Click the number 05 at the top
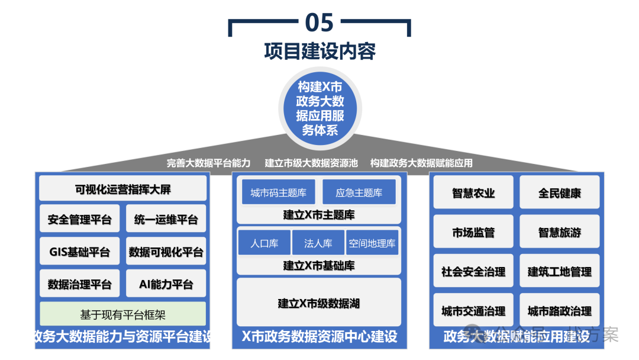click(x=319, y=23)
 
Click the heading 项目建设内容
click(x=319, y=51)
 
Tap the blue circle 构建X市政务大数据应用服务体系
click(x=319, y=108)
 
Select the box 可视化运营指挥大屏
click(x=123, y=189)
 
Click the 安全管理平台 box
click(x=80, y=220)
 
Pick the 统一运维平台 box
click(x=166, y=220)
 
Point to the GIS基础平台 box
click(x=80, y=252)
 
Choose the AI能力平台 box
click(x=166, y=284)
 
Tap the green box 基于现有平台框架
click(x=123, y=313)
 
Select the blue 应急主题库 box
click(x=359, y=192)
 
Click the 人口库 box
click(x=264, y=243)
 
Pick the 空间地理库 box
click(x=372, y=243)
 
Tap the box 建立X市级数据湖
click(x=319, y=303)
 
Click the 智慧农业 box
click(x=473, y=192)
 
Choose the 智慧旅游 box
click(x=560, y=232)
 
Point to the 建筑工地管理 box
click(x=560, y=272)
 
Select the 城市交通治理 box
click(x=473, y=311)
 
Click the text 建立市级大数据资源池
click(x=311, y=163)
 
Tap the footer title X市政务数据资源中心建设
click(x=319, y=337)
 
